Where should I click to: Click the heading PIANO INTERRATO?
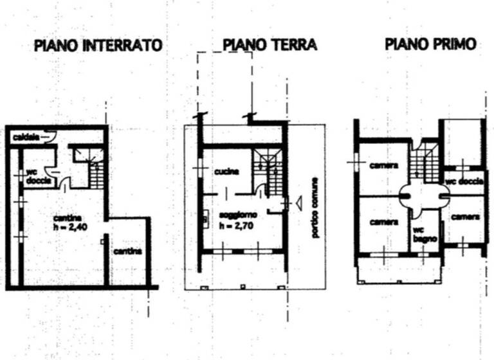pos(96,46)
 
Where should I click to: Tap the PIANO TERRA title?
pos(270,45)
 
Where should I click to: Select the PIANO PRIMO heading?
pos(430,44)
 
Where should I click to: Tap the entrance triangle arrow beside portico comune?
pos(297,203)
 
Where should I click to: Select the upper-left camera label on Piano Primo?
pos(383,165)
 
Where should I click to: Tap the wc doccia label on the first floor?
pos(464,182)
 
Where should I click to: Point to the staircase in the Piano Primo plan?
pos(422,164)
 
